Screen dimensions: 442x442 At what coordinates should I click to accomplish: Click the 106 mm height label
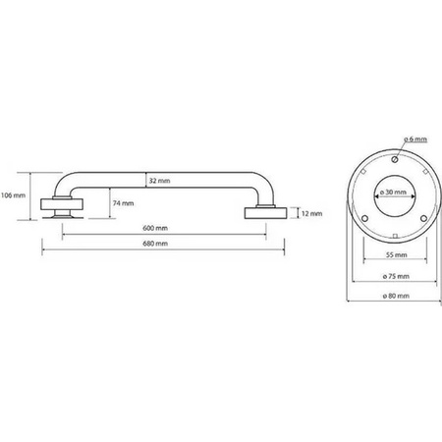click(x=13, y=195)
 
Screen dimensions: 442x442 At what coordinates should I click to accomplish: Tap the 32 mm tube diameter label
click(x=159, y=181)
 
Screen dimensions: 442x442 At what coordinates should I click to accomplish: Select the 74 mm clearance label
click(x=123, y=203)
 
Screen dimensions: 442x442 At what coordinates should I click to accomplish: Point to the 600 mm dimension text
click(x=155, y=228)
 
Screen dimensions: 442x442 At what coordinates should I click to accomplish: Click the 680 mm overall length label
click(x=155, y=244)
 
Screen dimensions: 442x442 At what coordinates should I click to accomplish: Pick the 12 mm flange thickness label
click(x=311, y=214)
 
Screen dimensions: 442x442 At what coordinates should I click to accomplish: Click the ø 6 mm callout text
click(x=415, y=139)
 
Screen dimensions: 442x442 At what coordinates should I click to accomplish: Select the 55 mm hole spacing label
click(x=396, y=254)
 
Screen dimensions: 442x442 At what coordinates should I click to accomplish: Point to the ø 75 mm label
click(x=396, y=276)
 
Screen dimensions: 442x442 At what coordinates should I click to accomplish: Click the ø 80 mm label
click(x=396, y=296)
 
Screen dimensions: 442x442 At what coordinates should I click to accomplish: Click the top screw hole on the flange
click(x=395, y=159)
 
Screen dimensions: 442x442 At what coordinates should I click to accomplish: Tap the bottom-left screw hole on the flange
click(x=365, y=218)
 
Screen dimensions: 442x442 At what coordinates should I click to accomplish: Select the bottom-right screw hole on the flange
click(x=423, y=218)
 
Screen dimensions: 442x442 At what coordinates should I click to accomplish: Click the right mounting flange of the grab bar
click(x=266, y=213)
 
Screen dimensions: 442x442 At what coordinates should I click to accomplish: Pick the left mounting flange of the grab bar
click(x=62, y=204)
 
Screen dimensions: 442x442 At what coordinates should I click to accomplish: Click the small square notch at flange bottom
click(x=395, y=236)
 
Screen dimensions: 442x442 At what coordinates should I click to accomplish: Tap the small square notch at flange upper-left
click(x=363, y=171)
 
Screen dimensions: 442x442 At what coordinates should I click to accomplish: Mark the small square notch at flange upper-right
click(x=425, y=171)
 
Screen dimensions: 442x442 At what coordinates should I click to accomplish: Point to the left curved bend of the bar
click(x=63, y=182)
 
